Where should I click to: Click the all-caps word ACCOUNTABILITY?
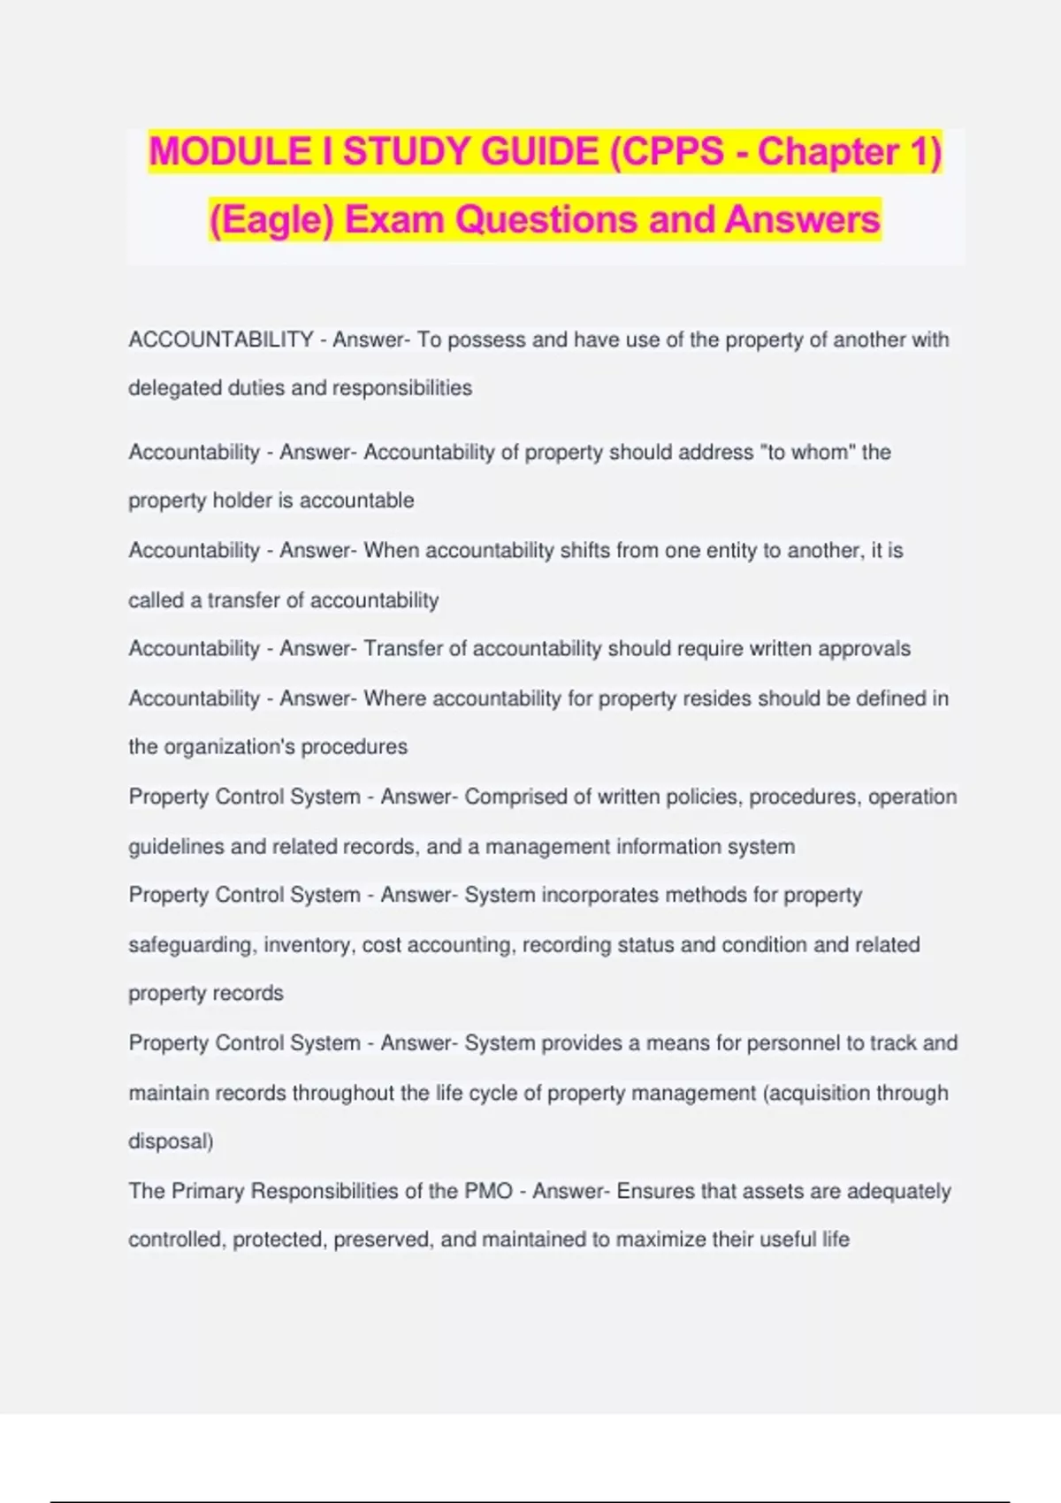[x=221, y=340]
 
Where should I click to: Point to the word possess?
[x=486, y=340]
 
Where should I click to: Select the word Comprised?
[x=515, y=797]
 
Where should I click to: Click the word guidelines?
[x=175, y=847]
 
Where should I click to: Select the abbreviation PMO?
[x=488, y=1191]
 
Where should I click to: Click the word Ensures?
[x=655, y=1191]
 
